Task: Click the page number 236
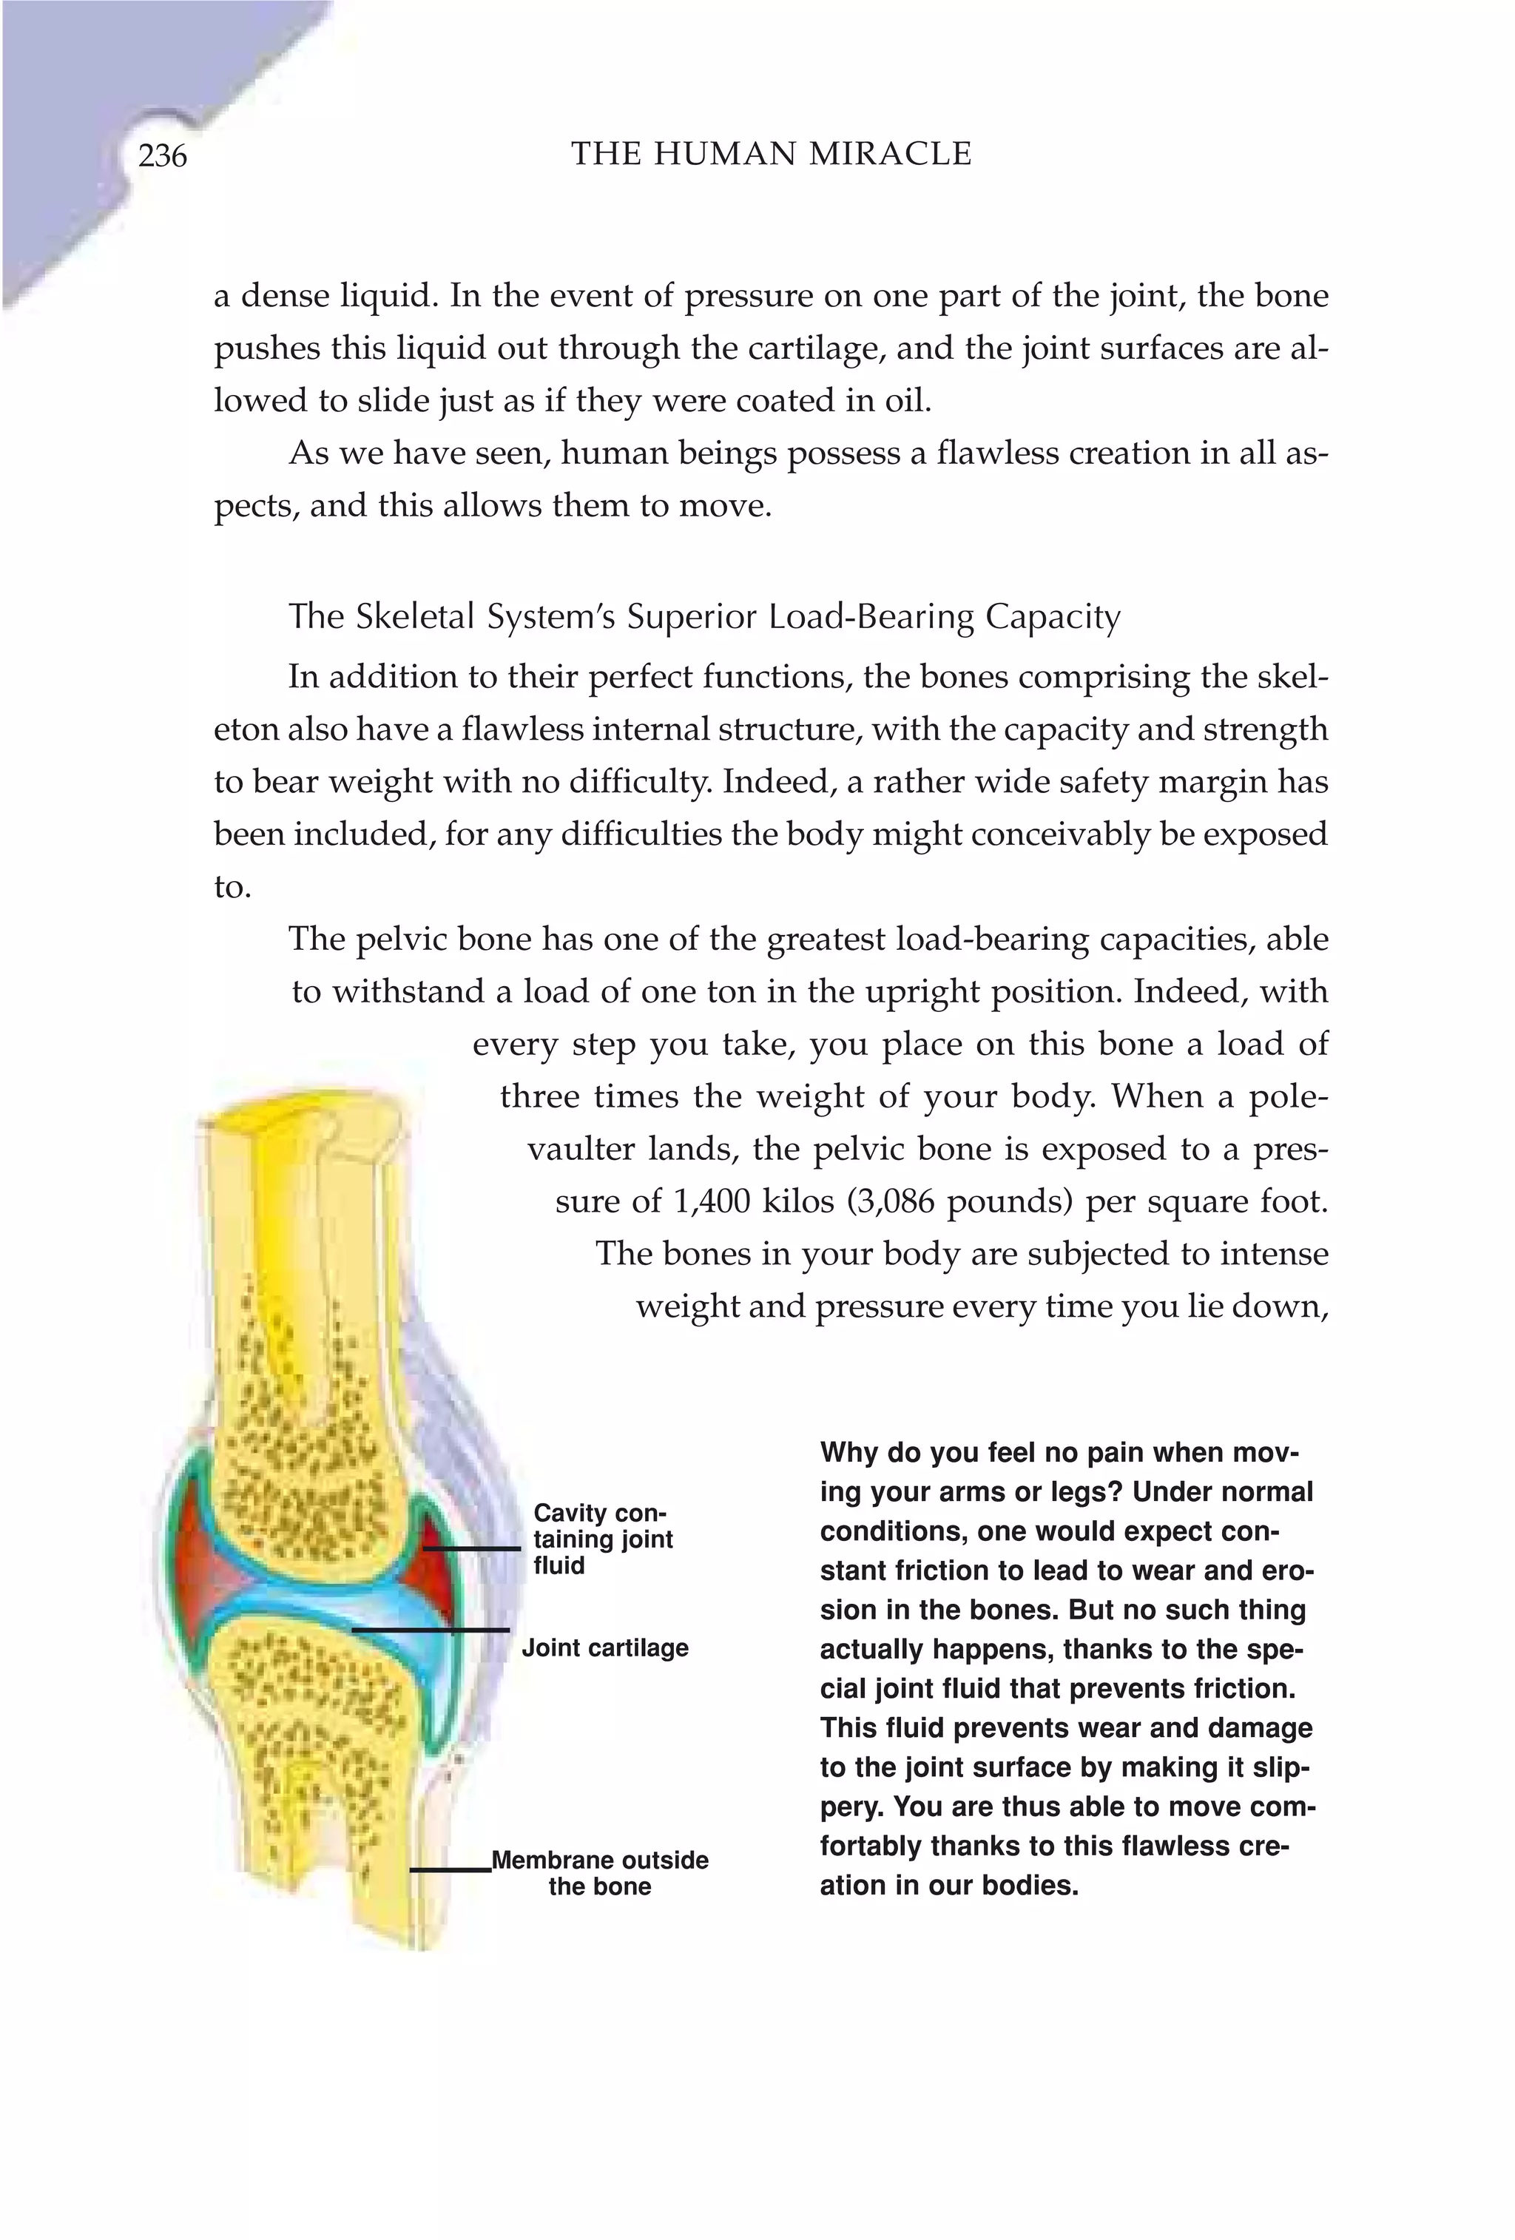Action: [x=162, y=155]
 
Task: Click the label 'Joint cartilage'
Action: [x=605, y=1648]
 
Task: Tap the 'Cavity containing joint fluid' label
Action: [x=602, y=1539]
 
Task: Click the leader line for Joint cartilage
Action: [x=430, y=1630]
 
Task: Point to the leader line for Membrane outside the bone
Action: [x=450, y=1870]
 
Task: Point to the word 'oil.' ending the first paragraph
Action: [x=908, y=401]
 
